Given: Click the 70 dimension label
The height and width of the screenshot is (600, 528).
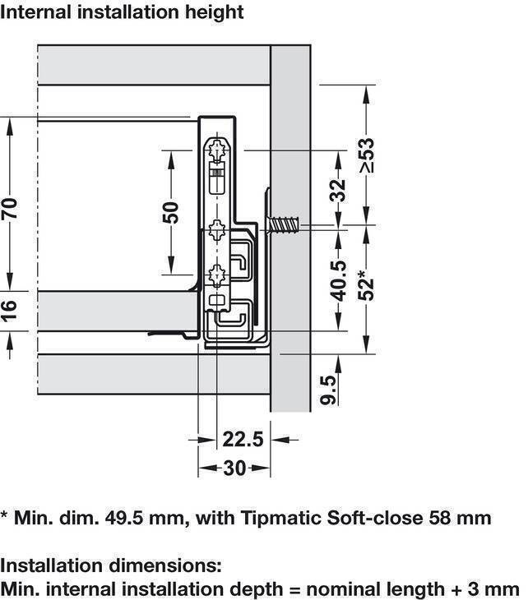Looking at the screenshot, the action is pyautogui.click(x=10, y=209).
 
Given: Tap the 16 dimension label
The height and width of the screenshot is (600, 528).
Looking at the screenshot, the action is pyautogui.click(x=10, y=310).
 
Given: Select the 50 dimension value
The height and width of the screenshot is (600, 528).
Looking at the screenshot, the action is pyautogui.click(x=171, y=213).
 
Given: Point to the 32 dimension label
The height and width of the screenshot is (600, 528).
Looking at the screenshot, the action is pyautogui.click(x=338, y=190).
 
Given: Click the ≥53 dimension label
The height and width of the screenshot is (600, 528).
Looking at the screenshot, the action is pyautogui.click(x=367, y=155).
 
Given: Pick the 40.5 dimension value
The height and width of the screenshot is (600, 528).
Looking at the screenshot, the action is pyautogui.click(x=339, y=281).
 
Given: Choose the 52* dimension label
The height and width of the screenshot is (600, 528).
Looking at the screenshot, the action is pyautogui.click(x=367, y=284).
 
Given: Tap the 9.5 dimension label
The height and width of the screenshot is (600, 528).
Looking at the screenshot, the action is pyautogui.click(x=328, y=390).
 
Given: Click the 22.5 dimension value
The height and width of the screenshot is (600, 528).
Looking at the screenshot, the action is pyautogui.click(x=243, y=439).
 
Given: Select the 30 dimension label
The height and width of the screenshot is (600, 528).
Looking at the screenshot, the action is pyautogui.click(x=234, y=468).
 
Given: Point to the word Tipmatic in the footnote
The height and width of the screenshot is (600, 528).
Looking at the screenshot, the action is pyautogui.click(x=281, y=518).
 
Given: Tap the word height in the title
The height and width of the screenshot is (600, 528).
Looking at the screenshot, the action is pyautogui.click(x=214, y=12).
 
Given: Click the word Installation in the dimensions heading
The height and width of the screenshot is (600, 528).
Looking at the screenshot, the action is pyautogui.click(x=52, y=565).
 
